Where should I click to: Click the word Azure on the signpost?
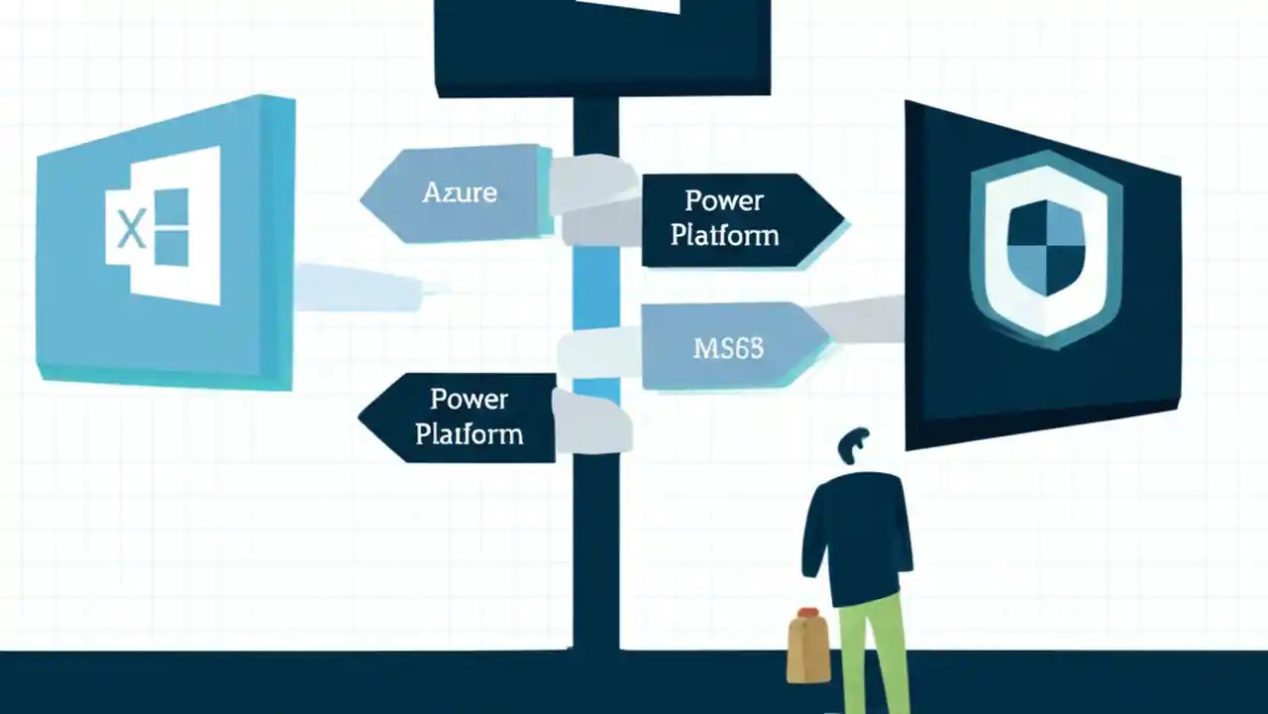pos(460,191)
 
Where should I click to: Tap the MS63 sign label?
pos(728,348)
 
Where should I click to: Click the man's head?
pos(853,447)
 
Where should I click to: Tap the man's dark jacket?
pos(857,535)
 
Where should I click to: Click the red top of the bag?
pos(808,614)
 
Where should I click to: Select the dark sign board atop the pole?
pos(602,45)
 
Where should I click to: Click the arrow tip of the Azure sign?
pos(367,196)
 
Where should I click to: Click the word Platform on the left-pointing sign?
pos(470,433)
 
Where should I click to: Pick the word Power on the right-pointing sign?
pos(724,200)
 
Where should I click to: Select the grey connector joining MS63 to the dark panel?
pos(862,319)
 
